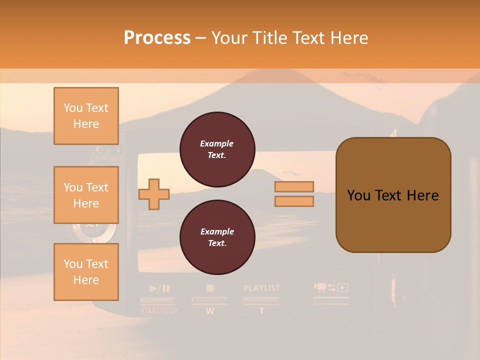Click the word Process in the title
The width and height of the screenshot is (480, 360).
point(157,38)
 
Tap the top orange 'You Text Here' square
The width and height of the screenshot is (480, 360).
point(86,116)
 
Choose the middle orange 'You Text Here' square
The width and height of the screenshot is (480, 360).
point(86,195)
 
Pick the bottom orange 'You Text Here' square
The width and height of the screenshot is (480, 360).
point(86,271)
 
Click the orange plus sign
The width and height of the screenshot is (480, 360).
point(154,193)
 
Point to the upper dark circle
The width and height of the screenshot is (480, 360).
point(217,149)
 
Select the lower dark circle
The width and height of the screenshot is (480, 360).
point(217,237)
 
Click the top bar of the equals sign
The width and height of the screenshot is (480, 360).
point(294,187)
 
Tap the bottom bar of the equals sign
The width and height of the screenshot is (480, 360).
point(294,201)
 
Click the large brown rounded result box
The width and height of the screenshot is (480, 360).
point(393,195)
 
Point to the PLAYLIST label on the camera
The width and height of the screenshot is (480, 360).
point(261,288)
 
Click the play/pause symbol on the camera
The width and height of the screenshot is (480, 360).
point(159,288)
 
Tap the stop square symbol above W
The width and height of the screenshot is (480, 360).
point(210,288)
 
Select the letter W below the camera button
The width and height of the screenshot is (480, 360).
point(210,311)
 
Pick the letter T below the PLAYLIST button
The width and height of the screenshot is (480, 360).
point(261,311)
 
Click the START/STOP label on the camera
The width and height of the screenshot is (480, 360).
point(159,311)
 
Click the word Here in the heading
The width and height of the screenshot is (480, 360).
point(348,38)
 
